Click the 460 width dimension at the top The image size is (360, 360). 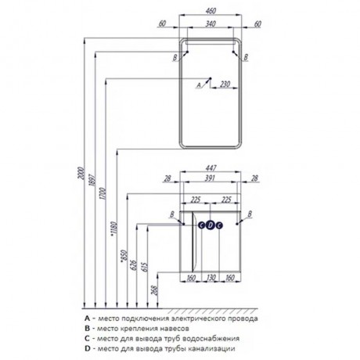click(x=211, y=11)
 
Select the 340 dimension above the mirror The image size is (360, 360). click(x=211, y=23)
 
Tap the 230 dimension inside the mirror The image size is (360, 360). click(x=225, y=84)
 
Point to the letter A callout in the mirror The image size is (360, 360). click(x=199, y=85)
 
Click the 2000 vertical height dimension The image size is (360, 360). click(x=81, y=173)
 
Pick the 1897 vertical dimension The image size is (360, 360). click(x=92, y=179)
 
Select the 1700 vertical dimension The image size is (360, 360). click(x=103, y=193)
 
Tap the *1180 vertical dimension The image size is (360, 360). click(x=113, y=229)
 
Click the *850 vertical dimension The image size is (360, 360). click(x=124, y=256)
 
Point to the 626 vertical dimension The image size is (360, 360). click(x=134, y=265)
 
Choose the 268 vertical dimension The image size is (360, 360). click(x=154, y=290)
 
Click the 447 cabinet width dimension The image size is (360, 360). click(x=211, y=167)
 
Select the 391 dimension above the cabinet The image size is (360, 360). click(x=211, y=178)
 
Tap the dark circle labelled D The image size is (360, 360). click(x=211, y=225)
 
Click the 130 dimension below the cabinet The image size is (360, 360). click(x=211, y=278)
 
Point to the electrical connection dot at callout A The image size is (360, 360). click(x=210, y=78)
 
